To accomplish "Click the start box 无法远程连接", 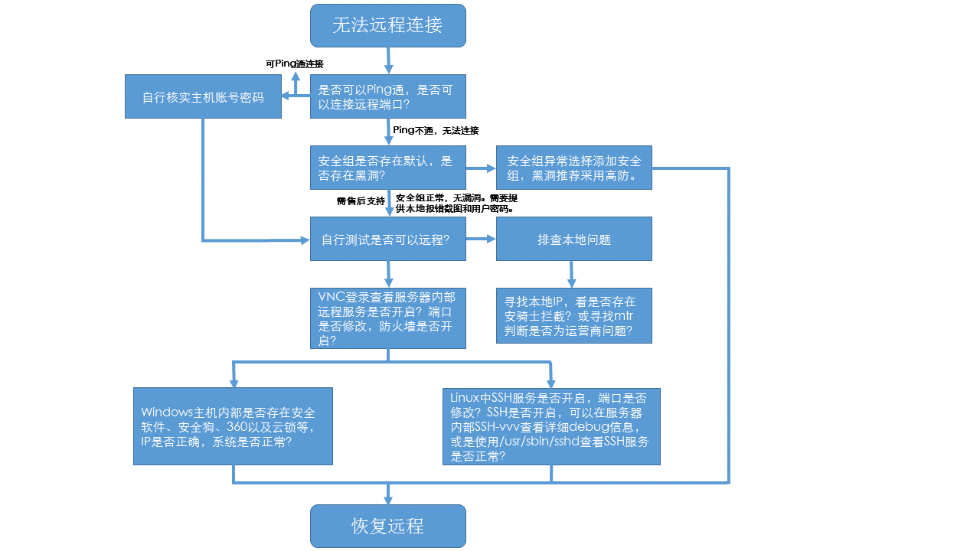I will (387, 25).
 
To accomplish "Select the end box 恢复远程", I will (387, 526).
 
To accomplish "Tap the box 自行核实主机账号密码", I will (203, 97).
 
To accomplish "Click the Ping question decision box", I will (387, 96).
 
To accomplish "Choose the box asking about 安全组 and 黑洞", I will (387, 168).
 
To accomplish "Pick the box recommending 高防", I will (574, 168).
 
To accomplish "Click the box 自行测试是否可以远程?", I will (387, 240).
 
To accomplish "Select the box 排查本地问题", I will (574, 240).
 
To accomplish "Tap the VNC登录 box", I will (387, 318).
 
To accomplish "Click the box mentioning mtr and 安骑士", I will (574, 315).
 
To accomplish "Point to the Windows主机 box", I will (233, 425).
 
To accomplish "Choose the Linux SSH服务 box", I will (551, 426).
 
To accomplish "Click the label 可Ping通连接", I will (294, 64).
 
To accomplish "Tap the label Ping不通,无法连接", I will (436, 131).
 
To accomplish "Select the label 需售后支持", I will (361, 201).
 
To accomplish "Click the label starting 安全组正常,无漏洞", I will (456, 203).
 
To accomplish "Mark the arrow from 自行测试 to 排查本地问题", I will (481, 240).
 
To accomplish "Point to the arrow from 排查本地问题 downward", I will (571, 274).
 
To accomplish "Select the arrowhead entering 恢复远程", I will (388, 497).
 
